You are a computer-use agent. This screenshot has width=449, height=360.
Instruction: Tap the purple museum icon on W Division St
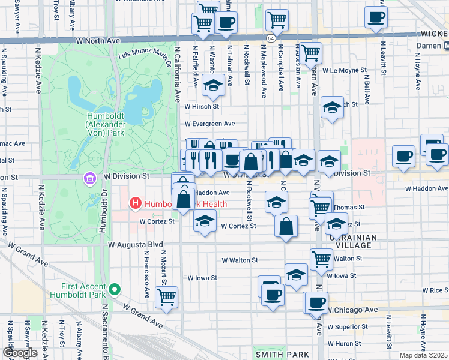click(90, 178)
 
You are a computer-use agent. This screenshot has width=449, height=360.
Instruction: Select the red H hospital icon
click(136, 204)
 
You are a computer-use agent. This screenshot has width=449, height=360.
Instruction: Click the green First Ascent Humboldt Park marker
click(113, 290)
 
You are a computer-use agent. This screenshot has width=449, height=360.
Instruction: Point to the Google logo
click(20, 353)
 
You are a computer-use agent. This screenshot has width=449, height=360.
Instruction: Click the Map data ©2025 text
click(424, 355)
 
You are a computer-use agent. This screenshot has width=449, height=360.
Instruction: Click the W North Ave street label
click(99, 40)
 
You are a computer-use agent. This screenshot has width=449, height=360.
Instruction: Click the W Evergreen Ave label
click(209, 124)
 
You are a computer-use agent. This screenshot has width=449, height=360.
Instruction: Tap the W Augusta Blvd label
click(136, 245)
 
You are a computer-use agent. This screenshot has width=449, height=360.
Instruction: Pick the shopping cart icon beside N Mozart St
click(166, 296)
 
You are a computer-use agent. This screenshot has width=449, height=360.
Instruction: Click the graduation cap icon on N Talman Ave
click(212, 85)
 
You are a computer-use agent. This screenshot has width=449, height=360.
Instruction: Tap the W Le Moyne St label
click(344, 70)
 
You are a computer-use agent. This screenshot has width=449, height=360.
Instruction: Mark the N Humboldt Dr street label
click(103, 216)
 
